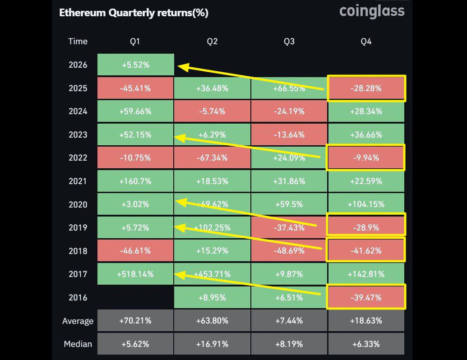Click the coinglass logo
(x=372, y=11)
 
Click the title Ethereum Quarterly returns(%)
(x=134, y=13)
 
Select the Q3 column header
(x=289, y=42)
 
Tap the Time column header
(x=78, y=42)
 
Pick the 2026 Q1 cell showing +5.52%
(x=135, y=65)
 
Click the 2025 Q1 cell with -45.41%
(x=135, y=88)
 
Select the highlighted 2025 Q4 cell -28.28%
(x=366, y=88)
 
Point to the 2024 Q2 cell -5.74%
(x=212, y=111)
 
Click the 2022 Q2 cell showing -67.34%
(x=212, y=158)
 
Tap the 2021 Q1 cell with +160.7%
(x=135, y=181)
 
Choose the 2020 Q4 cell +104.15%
(x=366, y=204)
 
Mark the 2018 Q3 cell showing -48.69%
(x=289, y=251)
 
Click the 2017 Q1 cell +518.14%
(x=135, y=274)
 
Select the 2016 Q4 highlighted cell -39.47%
(x=366, y=297)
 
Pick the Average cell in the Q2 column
(x=212, y=321)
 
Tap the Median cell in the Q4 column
(x=366, y=344)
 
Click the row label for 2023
(x=78, y=135)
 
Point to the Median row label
(x=78, y=344)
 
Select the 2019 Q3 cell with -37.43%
(x=289, y=228)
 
